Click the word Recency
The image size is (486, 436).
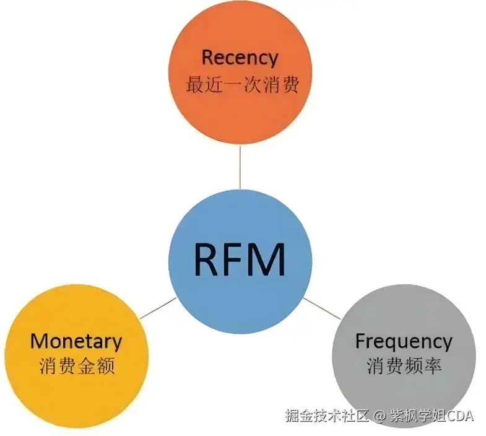click(x=240, y=58)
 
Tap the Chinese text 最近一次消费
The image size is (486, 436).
click(x=242, y=84)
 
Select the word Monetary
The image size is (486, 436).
click(x=76, y=341)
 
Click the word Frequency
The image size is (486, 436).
click(x=403, y=341)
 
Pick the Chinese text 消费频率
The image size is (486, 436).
click(x=404, y=366)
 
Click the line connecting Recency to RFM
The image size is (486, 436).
click(x=240, y=167)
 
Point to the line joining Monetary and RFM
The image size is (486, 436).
click(x=158, y=308)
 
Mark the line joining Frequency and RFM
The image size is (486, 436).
click(x=321, y=308)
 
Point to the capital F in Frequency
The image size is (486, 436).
click(x=360, y=341)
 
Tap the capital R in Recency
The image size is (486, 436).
click(x=208, y=58)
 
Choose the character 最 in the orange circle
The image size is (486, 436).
click(x=194, y=84)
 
